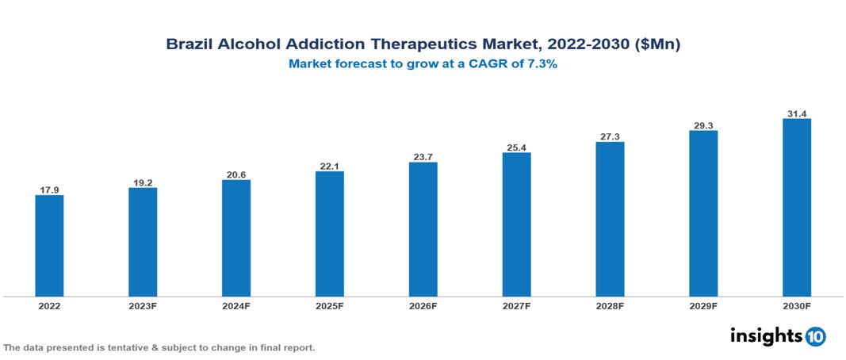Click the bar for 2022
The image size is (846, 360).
click(x=49, y=245)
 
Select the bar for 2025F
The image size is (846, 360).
click(x=330, y=233)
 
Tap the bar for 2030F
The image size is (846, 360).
click(x=797, y=207)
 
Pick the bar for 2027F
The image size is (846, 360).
click(x=516, y=224)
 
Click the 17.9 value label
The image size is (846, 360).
click(x=49, y=190)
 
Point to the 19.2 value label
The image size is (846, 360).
click(x=143, y=182)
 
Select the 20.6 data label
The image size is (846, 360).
click(x=236, y=174)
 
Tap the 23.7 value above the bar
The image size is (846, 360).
click(x=423, y=157)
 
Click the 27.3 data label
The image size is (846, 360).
click(x=610, y=136)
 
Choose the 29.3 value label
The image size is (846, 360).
click(x=703, y=125)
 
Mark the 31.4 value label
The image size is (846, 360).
click(x=797, y=113)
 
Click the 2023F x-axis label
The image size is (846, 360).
click(x=143, y=305)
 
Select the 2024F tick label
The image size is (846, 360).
click(x=236, y=305)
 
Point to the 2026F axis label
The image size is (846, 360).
click(x=423, y=305)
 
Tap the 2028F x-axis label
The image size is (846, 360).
click(x=610, y=305)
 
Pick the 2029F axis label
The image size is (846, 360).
click(x=703, y=305)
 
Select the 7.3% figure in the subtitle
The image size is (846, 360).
click(x=542, y=65)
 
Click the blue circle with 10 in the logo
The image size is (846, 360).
click(x=815, y=336)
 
